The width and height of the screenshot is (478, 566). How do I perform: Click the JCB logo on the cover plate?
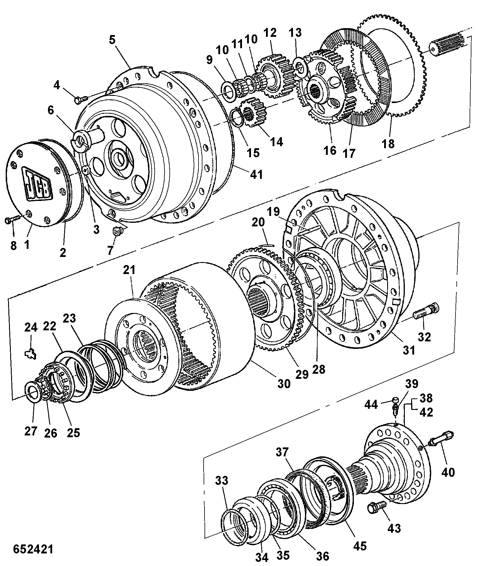click(x=37, y=183)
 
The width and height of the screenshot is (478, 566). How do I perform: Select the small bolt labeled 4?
click(x=81, y=99)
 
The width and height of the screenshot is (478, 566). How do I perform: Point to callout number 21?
click(x=129, y=270)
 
